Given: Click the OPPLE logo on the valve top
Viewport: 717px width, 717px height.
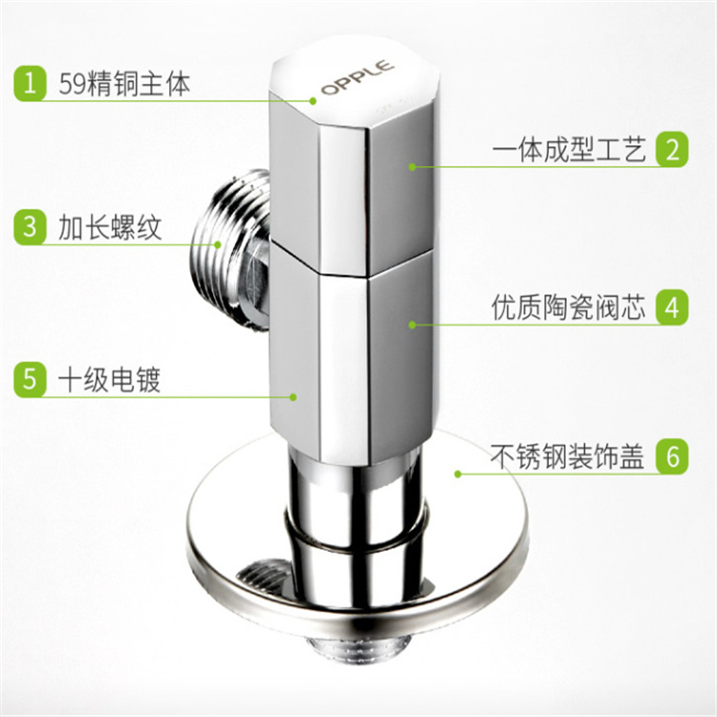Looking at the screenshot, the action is [358, 76].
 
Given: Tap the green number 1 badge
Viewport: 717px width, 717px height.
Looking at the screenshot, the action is [31, 84].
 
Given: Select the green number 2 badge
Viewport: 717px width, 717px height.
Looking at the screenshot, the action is [672, 149].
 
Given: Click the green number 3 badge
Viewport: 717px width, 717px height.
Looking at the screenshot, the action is [31, 228].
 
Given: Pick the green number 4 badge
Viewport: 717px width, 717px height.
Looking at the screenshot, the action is [672, 307].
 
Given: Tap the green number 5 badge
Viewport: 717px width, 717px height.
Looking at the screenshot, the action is [31, 380].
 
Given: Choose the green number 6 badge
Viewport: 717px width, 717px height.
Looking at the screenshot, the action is [672, 456].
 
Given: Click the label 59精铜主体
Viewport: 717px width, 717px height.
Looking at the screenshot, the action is [124, 84].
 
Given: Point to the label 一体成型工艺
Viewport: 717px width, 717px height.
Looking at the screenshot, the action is [570, 149].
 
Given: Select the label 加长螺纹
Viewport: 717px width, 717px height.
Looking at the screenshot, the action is [110, 228].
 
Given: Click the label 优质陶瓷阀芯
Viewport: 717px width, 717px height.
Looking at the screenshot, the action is [569, 307].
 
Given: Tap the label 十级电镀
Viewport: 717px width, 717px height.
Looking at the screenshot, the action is [110, 380].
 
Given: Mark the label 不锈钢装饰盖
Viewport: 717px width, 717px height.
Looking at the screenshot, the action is [568, 456].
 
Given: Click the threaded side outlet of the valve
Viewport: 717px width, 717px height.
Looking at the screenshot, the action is [231, 250].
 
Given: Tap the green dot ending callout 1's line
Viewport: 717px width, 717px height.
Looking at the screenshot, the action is [314, 100].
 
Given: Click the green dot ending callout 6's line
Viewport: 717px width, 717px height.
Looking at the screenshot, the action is [458, 474].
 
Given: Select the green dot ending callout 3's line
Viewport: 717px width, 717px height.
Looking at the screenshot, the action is [218, 245].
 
